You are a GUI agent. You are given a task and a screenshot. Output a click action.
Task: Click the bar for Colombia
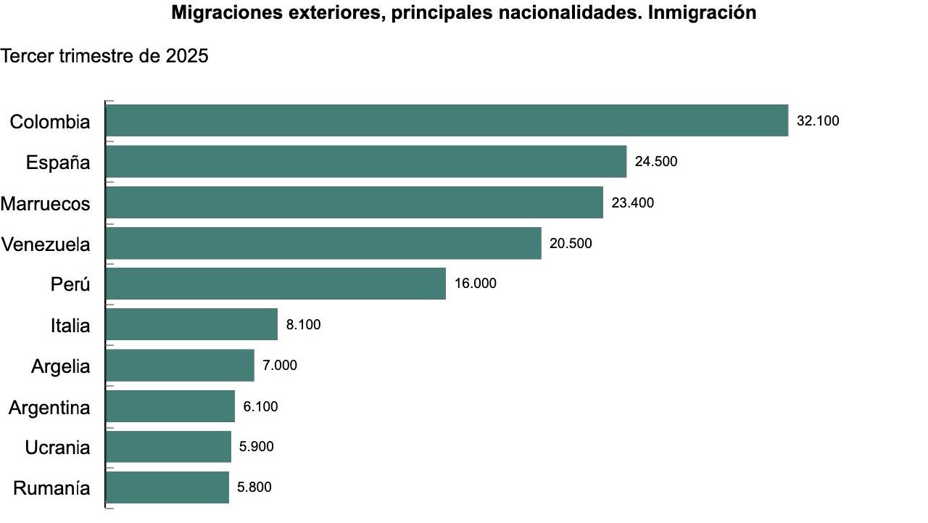click(447, 120)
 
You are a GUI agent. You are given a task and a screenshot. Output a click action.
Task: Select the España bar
click(366, 161)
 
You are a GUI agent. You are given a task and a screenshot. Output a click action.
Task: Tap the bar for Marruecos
click(355, 202)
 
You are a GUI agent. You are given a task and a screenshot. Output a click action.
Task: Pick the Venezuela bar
click(323, 243)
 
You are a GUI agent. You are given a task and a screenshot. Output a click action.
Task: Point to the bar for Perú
click(275, 284)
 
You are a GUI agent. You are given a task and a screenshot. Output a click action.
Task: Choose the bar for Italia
click(191, 324)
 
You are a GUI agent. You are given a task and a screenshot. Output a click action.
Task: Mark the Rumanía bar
click(167, 487)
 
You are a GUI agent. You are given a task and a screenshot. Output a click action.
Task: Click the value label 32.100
click(818, 121)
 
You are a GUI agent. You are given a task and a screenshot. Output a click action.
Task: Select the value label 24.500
click(656, 162)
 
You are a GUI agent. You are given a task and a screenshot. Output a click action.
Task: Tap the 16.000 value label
click(476, 284)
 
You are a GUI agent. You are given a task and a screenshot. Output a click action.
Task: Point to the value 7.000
click(280, 366)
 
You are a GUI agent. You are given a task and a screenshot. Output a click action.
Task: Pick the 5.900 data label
click(257, 447)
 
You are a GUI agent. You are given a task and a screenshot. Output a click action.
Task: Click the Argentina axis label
click(49, 408)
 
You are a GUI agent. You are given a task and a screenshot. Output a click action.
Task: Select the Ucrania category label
click(57, 448)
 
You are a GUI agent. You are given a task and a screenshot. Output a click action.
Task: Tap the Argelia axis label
click(61, 366)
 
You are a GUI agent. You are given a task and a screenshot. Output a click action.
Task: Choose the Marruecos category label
click(46, 204)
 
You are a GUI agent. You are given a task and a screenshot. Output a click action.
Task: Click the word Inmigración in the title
click(701, 12)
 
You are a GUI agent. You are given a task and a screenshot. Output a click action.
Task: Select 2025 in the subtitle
click(186, 56)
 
